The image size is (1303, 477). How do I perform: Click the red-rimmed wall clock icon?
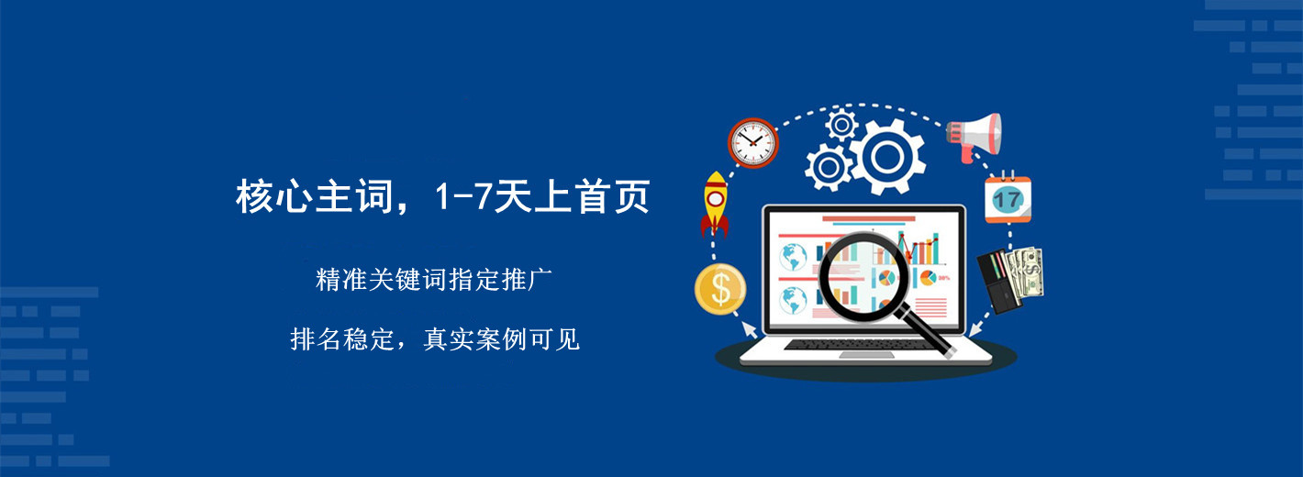click(752, 142)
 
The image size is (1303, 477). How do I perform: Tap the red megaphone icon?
click(974, 137)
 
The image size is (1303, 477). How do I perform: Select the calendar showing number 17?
click(1008, 197)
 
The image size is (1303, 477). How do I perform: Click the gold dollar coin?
click(720, 289)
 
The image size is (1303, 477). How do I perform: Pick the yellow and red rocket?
click(715, 204)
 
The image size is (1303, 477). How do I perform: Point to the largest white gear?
click(887, 157)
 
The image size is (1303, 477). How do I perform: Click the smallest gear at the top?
click(841, 124)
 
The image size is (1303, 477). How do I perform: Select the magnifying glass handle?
click(927, 333)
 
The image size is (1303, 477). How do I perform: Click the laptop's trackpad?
click(866, 354)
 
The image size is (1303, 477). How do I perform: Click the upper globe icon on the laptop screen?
click(793, 257)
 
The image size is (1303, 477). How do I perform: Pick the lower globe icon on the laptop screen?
click(793, 300)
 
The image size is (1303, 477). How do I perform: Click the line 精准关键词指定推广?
click(434, 280)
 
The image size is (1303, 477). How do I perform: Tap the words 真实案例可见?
click(501, 339)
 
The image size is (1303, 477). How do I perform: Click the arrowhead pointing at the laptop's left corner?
click(750, 330)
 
